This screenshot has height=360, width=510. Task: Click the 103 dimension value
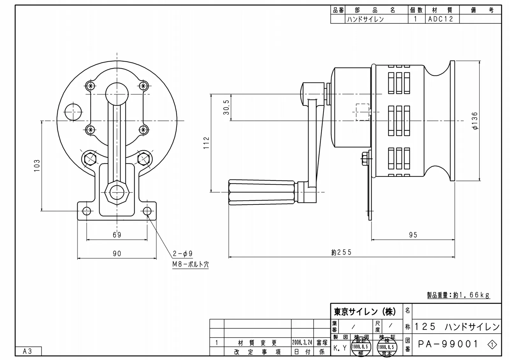37,166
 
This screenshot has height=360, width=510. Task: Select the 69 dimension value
117,235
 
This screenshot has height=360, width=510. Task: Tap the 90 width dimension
117,253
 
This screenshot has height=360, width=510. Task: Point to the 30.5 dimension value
226,107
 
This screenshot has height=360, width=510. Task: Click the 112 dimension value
206,143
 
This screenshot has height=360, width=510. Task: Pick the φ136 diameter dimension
475,121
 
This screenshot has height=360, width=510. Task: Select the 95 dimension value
413,235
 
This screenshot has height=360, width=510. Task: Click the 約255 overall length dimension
341,252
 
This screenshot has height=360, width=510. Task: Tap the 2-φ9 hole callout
183,253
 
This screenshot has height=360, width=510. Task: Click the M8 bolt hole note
190,264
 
